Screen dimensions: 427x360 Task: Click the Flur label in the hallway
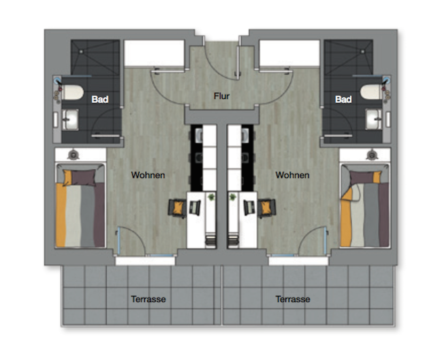222,96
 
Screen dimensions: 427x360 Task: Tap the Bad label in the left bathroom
100,99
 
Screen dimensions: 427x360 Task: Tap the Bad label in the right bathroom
343,99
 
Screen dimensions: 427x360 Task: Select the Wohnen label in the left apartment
148,175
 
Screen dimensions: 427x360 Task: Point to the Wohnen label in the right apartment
292,175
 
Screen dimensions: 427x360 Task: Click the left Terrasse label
148,299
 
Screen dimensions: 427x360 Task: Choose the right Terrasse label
292,299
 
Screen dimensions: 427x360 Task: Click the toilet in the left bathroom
72,92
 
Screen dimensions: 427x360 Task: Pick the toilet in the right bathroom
371,92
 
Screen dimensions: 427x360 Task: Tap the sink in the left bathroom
70,119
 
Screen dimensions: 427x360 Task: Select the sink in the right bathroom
374,119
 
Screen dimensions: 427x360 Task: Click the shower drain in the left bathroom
81,51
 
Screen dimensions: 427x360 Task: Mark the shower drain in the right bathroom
362,51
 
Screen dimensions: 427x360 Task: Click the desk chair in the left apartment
177,208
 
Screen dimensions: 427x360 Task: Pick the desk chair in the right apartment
267,208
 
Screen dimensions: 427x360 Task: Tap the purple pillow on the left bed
83,178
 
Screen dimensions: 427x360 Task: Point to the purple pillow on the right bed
362,178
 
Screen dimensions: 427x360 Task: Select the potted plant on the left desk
211,197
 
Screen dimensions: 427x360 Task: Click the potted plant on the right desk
233,197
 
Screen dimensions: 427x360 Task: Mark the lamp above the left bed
73,155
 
